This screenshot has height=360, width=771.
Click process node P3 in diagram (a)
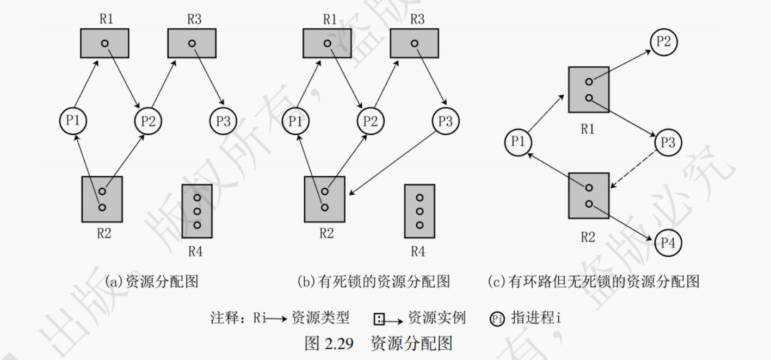pos(223,121)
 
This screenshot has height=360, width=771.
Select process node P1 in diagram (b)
pos(294,121)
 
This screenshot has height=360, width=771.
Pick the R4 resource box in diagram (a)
pos(196,211)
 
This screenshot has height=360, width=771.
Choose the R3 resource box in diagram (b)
pos(415,44)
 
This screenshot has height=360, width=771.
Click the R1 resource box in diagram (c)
pos(588,90)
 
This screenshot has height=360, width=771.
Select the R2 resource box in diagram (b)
pos(324,199)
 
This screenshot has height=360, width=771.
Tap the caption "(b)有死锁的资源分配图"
pos(373,281)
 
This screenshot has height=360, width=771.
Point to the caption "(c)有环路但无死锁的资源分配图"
pos(594,281)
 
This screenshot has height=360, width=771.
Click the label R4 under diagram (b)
pos(418,251)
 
